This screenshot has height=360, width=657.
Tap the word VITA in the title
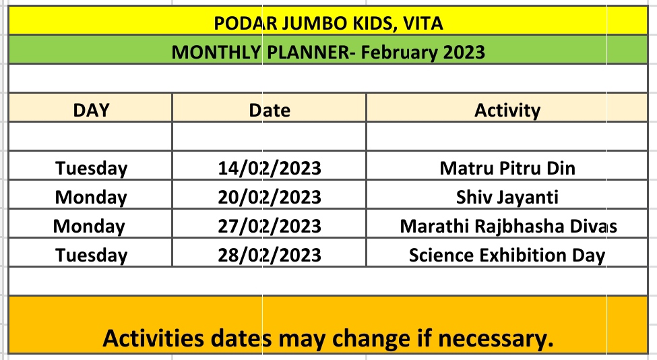tap(423, 24)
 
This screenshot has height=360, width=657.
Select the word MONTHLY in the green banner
tap(216, 53)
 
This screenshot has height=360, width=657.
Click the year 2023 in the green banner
tap(464, 53)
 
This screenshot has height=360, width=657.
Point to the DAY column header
tap(91, 110)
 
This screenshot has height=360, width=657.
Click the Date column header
tap(270, 110)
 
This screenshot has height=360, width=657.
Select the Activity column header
tap(507, 111)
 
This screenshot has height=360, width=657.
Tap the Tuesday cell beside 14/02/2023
tap(91, 169)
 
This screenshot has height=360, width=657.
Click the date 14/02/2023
tap(270, 169)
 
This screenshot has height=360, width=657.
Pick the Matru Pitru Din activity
tap(507, 169)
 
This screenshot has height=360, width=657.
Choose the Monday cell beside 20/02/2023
tap(91, 198)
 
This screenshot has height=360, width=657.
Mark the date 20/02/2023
tap(270, 198)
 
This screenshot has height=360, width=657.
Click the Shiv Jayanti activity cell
tap(507, 198)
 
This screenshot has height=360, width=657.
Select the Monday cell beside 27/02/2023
tap(89, 227)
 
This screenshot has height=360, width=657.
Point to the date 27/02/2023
tap(270, 227)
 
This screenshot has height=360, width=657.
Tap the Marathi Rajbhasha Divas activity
tap(508, 227)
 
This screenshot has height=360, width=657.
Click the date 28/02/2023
tap(270, 256)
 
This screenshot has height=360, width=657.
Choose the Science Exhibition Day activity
tap(507, 256)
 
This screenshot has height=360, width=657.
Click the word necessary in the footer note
tap(496, 339)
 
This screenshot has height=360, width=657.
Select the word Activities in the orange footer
tap(154, 338)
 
